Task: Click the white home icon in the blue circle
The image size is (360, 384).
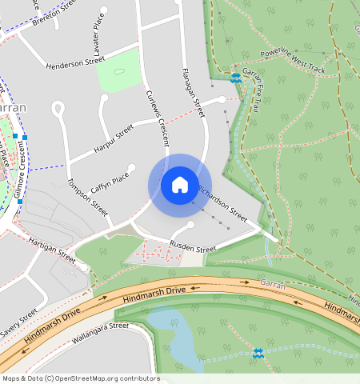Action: (x=180, y=185)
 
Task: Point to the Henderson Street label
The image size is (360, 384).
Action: (x=76, y=63)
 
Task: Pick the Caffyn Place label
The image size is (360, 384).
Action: (x=110, y=182)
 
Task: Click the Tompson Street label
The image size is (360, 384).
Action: (x=87, y=197)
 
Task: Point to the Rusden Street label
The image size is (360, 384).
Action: (x=192, y=248)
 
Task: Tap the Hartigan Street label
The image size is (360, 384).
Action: (x=50, y=250)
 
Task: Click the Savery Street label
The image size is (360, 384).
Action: (x=18, y=322)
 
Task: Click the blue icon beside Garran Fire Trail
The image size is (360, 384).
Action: (x=235, y=78)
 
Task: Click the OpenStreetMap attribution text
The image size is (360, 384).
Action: (x=80, y=378)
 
